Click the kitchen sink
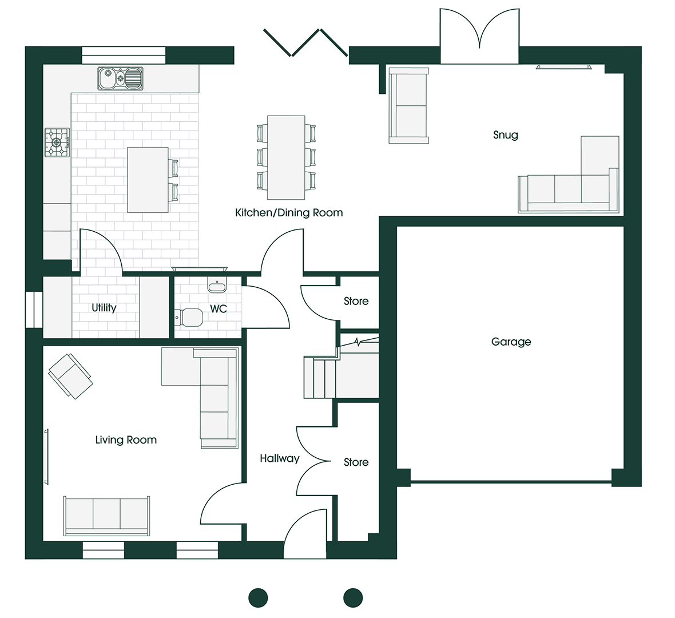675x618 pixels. pos(120,78)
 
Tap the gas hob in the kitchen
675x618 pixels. pos(57,142)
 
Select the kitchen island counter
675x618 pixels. pos(148,180)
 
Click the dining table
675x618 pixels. pos(286,157)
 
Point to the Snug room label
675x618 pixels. pos(505,135)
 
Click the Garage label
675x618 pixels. pos(511,342)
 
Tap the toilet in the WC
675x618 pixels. pos(189,318)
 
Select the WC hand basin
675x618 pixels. pos(217,284)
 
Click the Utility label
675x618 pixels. pos(104,308)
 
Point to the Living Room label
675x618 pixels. pos(126,440)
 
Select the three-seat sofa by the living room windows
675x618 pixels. pos(107,516)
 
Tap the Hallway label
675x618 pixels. pos(279,459)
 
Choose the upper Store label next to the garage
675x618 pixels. pos(356,302)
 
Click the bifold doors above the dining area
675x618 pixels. pos(305,43)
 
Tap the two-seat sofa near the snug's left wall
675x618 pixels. pos(408,105)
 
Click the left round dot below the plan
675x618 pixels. pos(259,598)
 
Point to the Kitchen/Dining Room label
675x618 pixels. pos(289,213)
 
